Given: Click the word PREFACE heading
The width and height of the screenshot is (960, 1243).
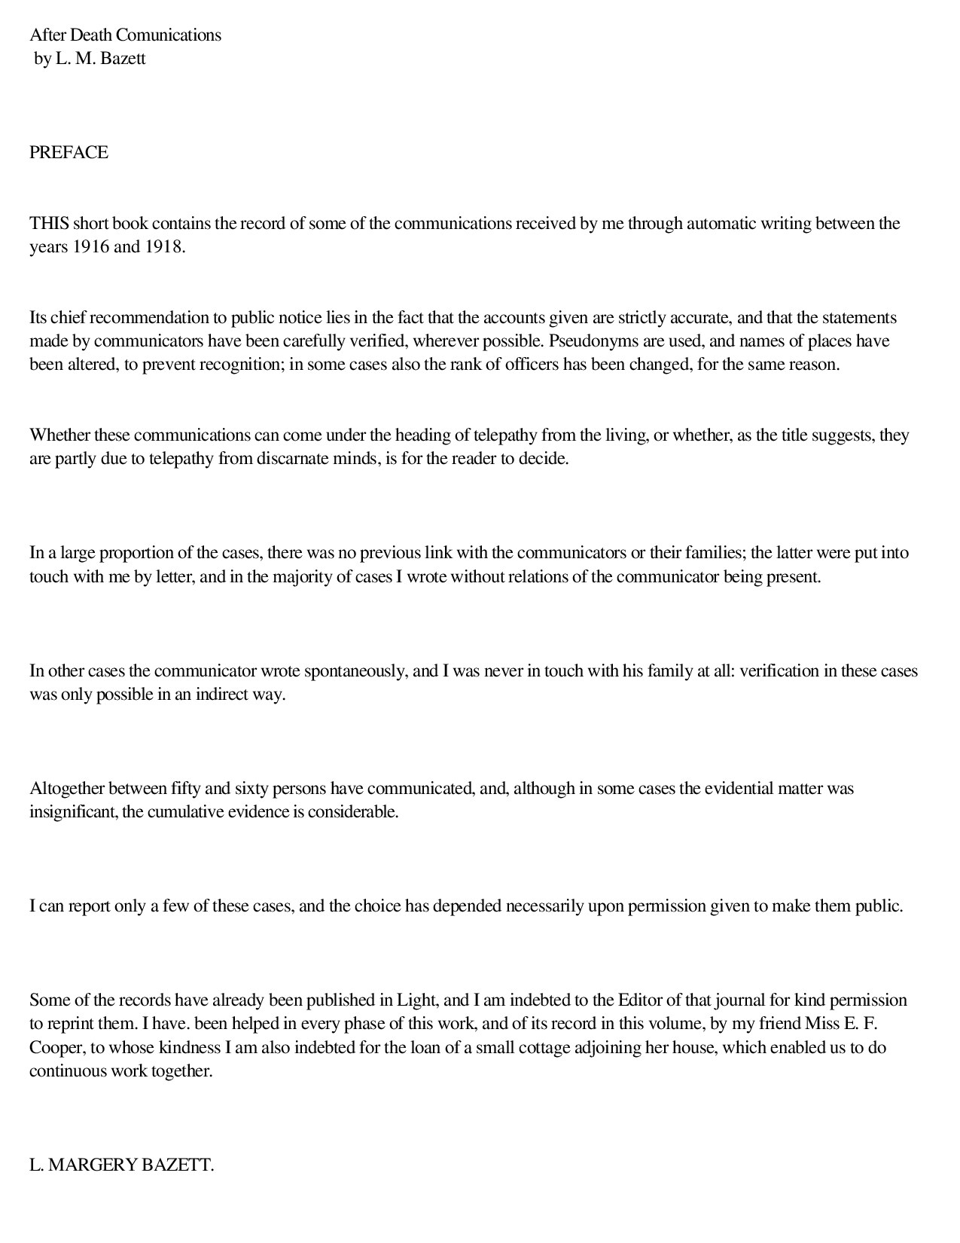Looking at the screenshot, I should [69, 153].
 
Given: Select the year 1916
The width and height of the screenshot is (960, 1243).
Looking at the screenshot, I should [91, 247].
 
